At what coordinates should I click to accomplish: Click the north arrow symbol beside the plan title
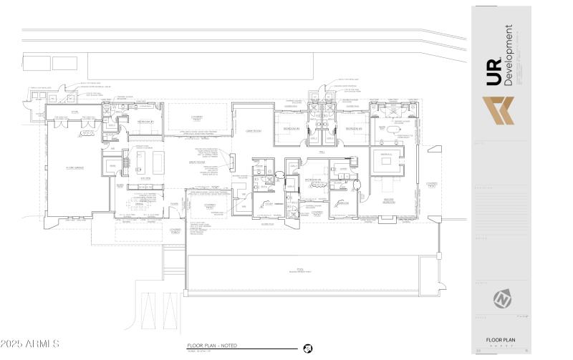pyautogui.click(x=307, y=348)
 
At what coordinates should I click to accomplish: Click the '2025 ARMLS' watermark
pyautogui.click(x=30, y=344)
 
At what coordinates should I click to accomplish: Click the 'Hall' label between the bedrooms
pyautogui.click(x=322, y=152)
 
